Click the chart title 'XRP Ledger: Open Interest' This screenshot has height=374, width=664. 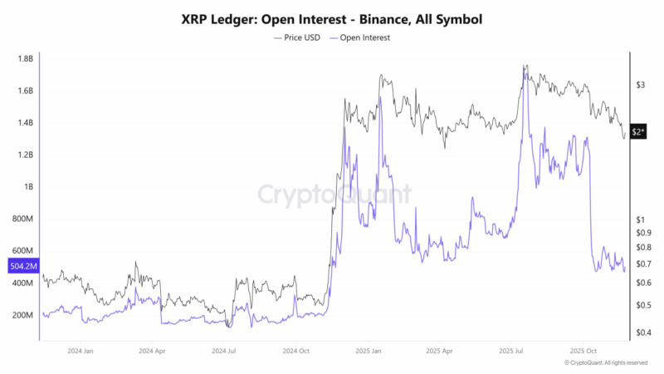pyautogui.click(x=332, y=17)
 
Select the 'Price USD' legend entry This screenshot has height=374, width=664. pyautogui.click(x=297, y=37)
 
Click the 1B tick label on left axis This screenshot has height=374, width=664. pyautogui.click(x=27, y=187)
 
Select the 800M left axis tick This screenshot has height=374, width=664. pyautogui.click(x=22, y=219)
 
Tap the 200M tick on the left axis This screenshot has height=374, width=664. pyautogui.click(x=22, y=316)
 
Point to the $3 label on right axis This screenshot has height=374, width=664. pyautogui.click(x=640, y=85)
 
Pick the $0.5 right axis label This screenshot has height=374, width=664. pyautogui.click(x=642, y=305)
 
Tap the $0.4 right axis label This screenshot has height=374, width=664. pyautogui.click(x=642, y=333)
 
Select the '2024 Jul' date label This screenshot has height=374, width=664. pyautogui.click(x=224, y=352)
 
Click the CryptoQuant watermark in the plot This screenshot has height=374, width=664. pyautogui.click(x=332, y=194)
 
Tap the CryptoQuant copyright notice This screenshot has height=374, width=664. pyautogui.click(x=605, y=363)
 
